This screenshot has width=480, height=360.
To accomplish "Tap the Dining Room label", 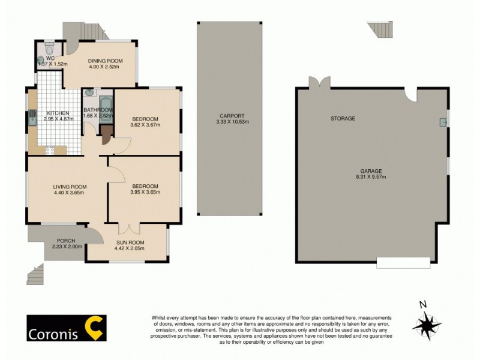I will click(105, 61).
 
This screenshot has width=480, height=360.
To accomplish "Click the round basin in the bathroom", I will click(90, 93).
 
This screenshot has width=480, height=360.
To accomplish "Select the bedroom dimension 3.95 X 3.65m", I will click(144, 193).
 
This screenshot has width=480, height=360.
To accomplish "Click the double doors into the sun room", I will click(128, 229).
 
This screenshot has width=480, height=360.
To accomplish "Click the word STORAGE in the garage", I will click(343, 119).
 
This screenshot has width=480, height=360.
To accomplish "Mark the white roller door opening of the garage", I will click(403, 262).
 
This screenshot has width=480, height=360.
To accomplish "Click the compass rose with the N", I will click(427, 325).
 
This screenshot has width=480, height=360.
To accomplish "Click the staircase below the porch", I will click(35, 275).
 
